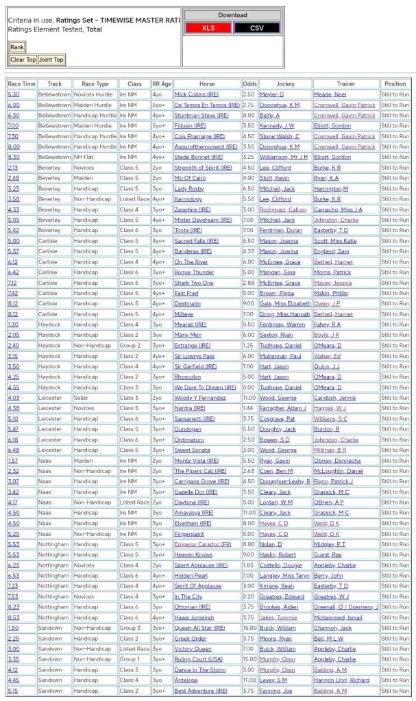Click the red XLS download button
point(208,28)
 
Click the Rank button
point(16,47)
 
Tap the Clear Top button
point(23,60)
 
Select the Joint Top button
point(51,60)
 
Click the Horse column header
point(207,84)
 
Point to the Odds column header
point(249,84)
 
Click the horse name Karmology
point(189,199)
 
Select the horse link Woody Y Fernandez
point(200,398)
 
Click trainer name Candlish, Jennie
point(334,398)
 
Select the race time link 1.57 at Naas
point(13,461)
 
